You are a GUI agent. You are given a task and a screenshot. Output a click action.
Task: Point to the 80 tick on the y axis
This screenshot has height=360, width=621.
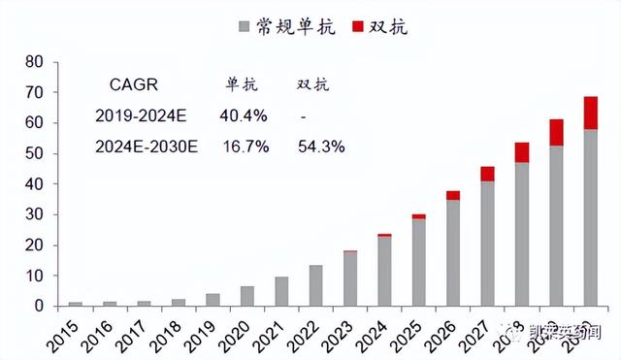click(35, 62)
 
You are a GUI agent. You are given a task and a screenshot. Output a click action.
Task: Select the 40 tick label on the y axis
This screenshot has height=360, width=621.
click(35, 184)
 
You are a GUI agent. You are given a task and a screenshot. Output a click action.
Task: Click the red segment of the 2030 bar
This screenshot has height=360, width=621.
click(590, 113)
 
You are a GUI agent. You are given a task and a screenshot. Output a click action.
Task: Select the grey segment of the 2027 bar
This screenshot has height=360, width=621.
click(487, 244)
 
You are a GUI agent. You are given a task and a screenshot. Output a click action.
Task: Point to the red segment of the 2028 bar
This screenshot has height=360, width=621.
click(522, 151)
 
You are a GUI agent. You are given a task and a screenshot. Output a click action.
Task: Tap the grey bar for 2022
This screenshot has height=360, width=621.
click(315, 285)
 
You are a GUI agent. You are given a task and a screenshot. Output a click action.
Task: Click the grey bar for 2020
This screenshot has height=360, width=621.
click(246, 296)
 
